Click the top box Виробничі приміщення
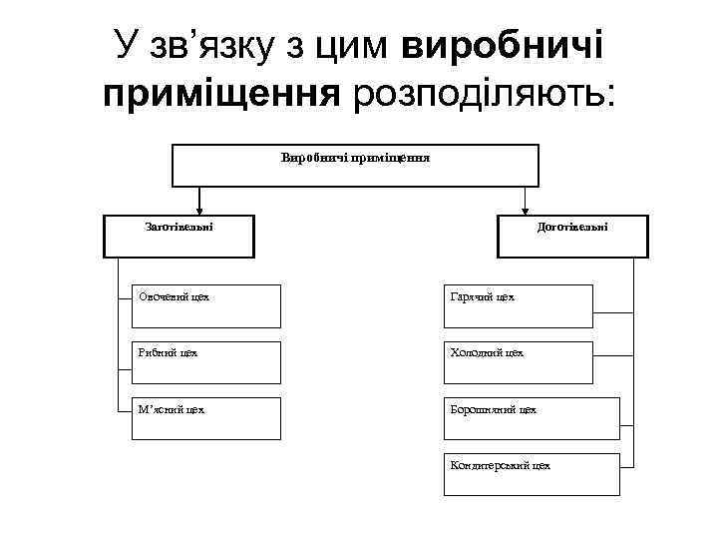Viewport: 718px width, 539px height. pos(356,166)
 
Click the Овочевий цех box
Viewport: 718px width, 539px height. pos(206,306)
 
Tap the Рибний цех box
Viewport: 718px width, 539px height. pos(206,362)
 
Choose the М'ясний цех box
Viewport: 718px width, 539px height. pos(206,419)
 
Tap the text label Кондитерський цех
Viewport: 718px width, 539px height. pos(500,465)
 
